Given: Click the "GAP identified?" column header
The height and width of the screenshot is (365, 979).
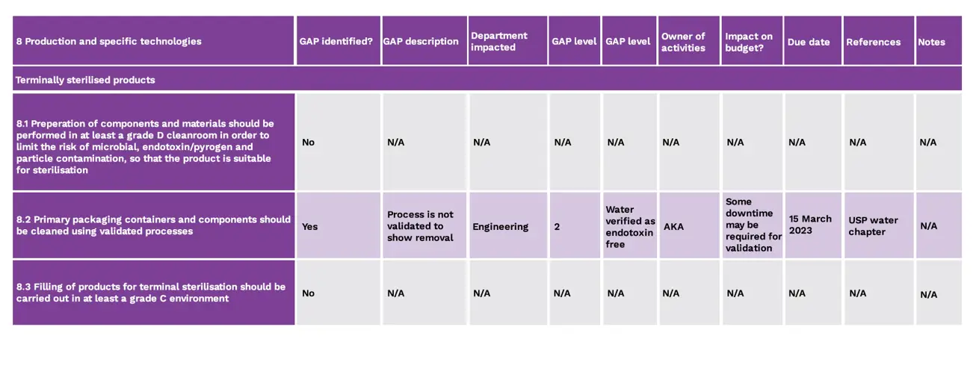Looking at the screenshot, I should tap(336, 42).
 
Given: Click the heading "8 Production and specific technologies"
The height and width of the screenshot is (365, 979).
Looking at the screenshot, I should tap(109, 42).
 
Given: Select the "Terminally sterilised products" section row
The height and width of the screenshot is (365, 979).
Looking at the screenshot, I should tap(85, 80).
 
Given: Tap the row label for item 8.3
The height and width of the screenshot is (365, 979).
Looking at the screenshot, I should tap(152, 292).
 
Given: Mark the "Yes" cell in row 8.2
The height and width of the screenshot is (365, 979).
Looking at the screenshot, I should tap(310, 226).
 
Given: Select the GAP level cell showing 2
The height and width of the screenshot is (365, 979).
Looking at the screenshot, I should tap(558, 226).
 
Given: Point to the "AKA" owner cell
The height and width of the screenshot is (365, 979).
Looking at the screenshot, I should tap(674, 226).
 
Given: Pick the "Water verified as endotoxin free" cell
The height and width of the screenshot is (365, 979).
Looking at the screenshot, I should tap(629, 226).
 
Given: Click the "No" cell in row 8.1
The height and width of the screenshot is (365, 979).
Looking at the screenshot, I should tap(309, 142).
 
